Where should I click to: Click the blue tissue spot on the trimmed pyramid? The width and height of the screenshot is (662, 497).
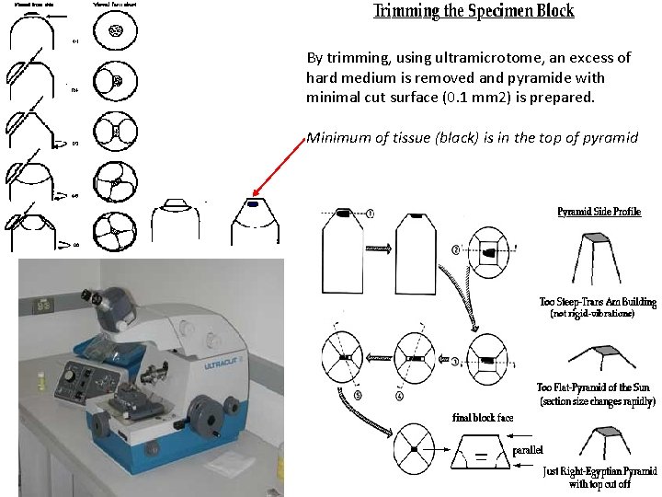click(252, 202)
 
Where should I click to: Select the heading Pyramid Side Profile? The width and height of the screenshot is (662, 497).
click(599, 211)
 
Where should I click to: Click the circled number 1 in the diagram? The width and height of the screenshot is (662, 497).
click(369, 214)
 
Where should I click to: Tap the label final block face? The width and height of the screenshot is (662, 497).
click(483, 417)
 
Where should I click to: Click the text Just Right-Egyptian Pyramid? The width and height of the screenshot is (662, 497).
click(599, 471)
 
